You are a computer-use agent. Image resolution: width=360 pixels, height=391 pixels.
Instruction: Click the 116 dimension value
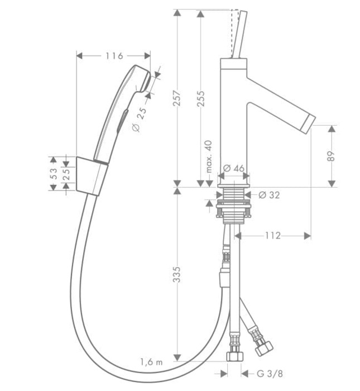pyautogui.click(x=113, y=55)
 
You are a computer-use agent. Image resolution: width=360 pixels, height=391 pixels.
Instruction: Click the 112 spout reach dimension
pyautogui.click(x=272, y=236)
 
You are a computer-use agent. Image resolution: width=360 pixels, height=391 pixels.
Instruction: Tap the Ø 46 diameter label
pyautogui.click(x=234, y=168)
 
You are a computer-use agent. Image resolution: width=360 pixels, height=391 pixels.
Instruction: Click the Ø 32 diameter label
pyautogui.click(x=269, y=195)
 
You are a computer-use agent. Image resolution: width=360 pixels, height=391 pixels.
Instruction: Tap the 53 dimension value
pyautogui.click(x=54, y=173)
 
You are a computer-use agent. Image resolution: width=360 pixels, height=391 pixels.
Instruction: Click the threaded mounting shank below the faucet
pyautogui.click(x=233, y=205)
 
